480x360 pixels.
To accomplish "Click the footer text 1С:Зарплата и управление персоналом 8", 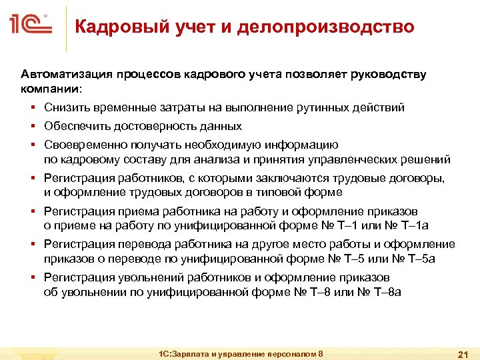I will tap(237, 353).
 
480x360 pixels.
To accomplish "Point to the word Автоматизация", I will tap(65, 74).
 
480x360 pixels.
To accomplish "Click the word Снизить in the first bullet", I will tap(65, 107).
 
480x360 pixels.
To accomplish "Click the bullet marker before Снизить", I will tap(32, 107).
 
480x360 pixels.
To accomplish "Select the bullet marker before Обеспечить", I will tap(32, 126).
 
